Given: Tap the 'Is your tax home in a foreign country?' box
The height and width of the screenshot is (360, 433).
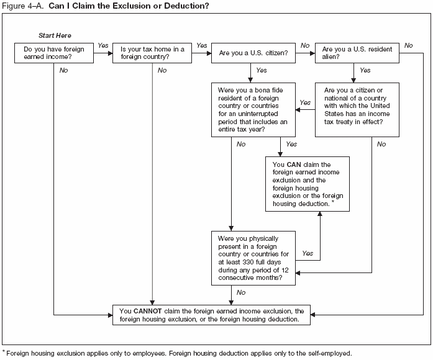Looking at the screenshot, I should [152, 53].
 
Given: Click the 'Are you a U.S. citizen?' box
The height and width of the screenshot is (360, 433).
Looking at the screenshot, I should [252, 53].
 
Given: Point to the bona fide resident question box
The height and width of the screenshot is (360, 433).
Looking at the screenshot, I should [252, 110].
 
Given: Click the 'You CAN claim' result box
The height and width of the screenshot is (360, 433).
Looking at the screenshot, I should [304, 184].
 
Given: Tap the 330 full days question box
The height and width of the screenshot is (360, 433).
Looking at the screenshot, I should [252, 258].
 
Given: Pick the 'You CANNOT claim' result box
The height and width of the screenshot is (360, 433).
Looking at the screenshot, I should [211, 315].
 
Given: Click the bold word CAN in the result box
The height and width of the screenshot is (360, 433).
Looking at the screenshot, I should [294, 164].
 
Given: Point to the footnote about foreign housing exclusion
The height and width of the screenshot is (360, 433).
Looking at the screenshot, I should [177, 353].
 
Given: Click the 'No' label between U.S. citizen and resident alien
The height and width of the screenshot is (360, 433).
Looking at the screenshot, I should [305, 46].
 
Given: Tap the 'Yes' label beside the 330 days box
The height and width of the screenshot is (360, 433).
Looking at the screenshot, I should [307, 253].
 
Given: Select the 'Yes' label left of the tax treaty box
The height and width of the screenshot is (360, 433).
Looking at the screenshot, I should [305, 102].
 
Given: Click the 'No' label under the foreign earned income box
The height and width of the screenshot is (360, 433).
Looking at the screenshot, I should [63, 70].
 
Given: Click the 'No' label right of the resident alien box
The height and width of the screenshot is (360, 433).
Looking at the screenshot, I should [408, 46].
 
